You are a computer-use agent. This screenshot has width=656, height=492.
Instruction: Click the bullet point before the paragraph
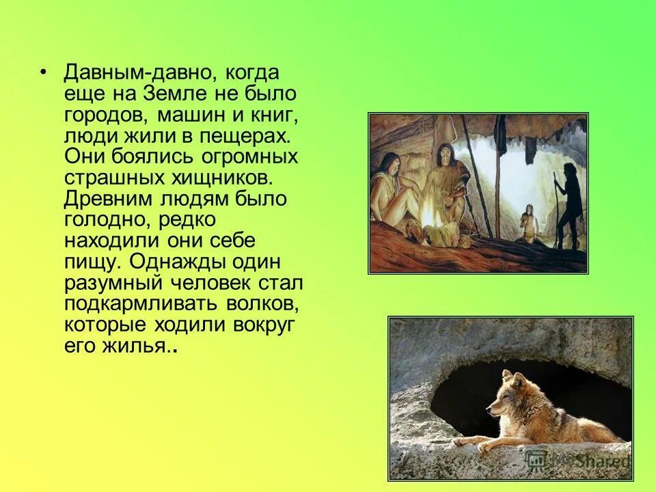pyautogui.click(x=44, y=72)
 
